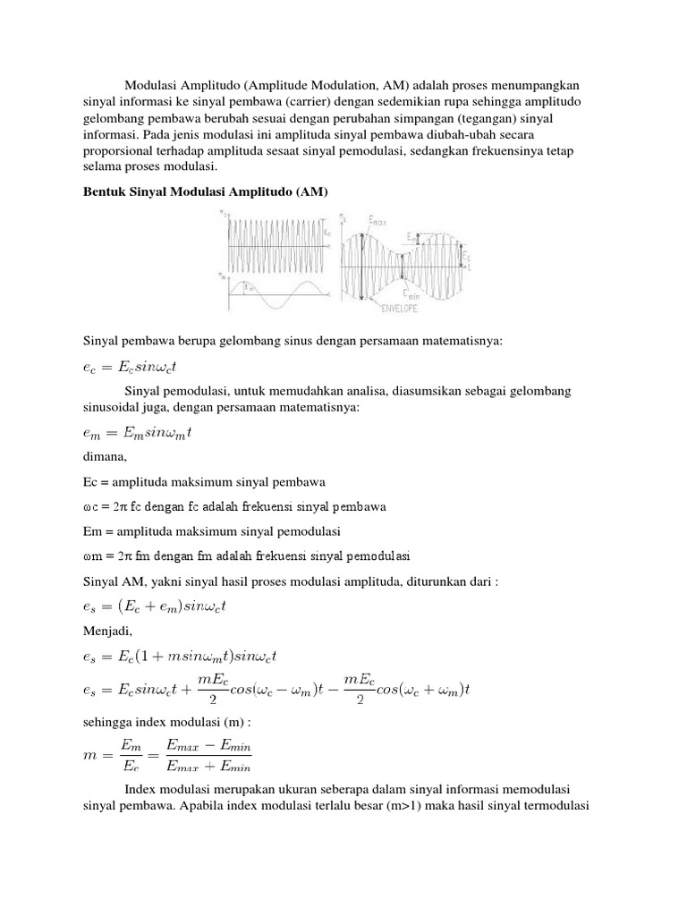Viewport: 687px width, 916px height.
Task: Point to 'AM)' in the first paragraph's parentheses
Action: (x=395, y=85)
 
